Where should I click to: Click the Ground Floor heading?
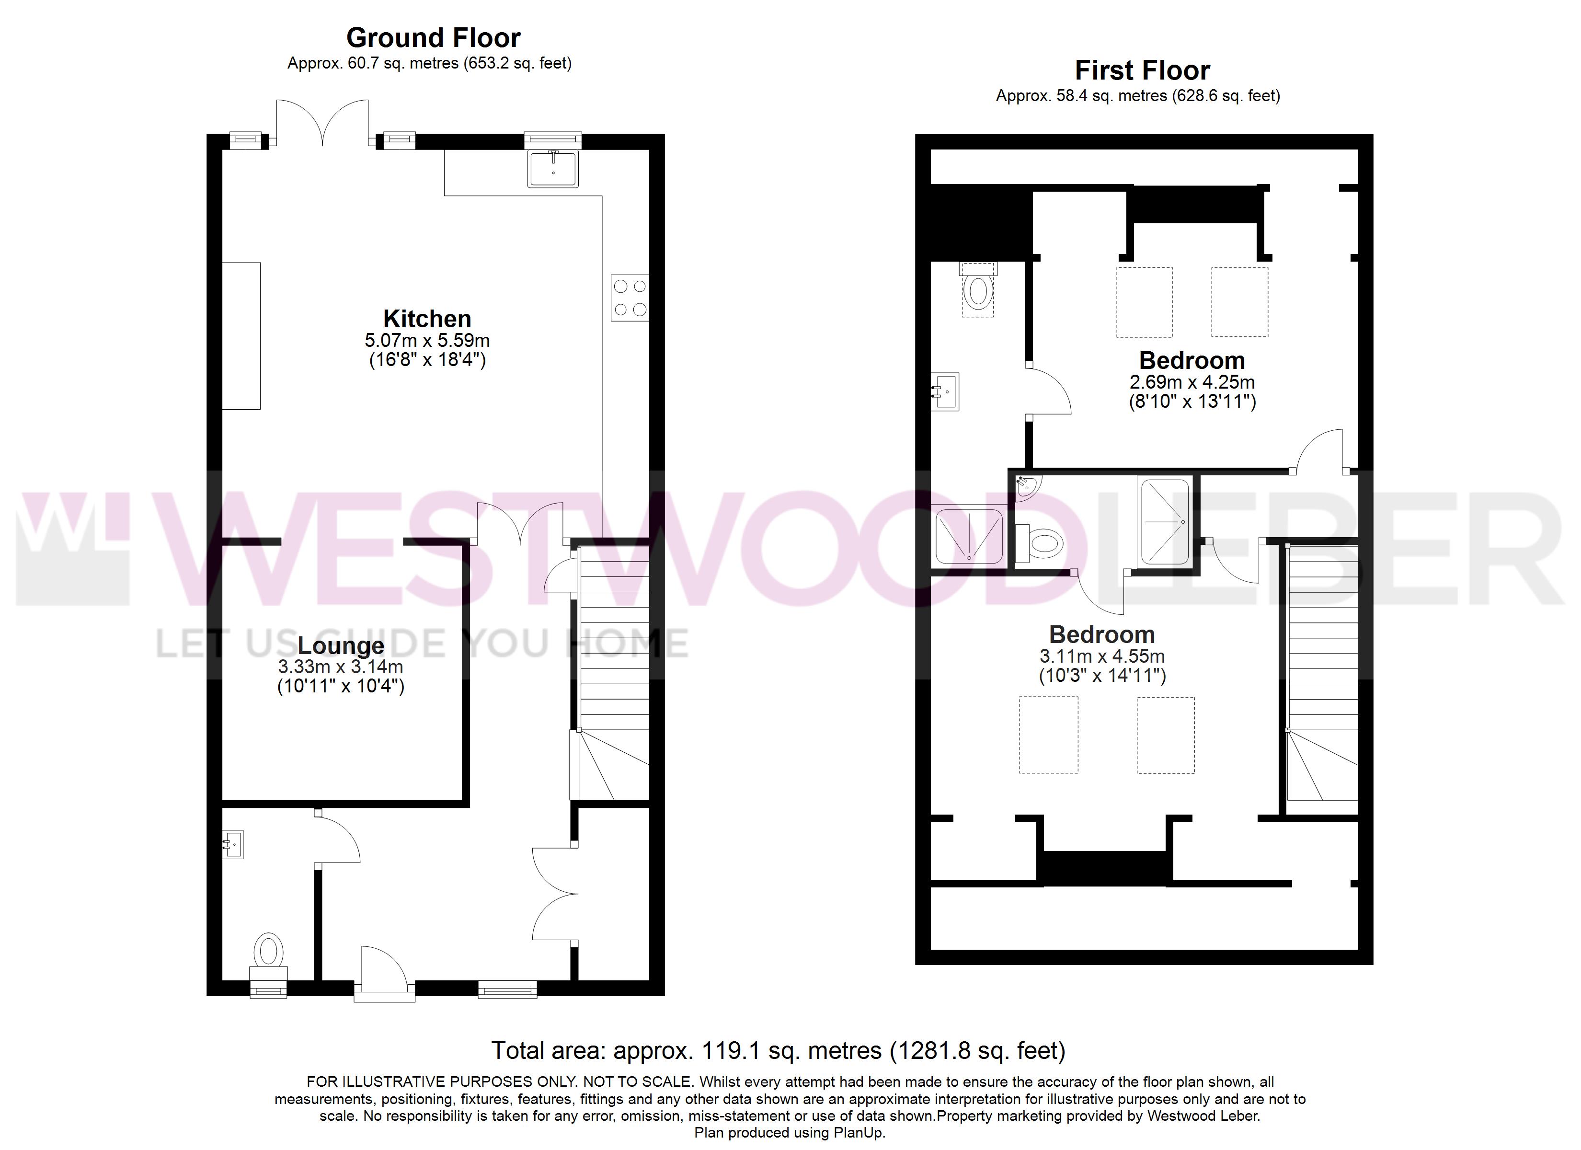tap(433, 38)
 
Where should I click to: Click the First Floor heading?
tap(1143, 70)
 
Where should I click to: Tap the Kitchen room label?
tap(427, 319)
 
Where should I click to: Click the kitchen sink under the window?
tap(553, 169)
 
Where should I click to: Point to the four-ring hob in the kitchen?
tap(630, 298)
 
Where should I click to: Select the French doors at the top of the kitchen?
tap(323, 122)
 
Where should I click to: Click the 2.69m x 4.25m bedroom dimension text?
tap(1192, 382)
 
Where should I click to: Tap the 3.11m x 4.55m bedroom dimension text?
tap(1102, 656)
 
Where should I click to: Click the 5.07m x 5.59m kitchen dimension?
tap(427, 340)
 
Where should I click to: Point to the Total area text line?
tap(778, 1051)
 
